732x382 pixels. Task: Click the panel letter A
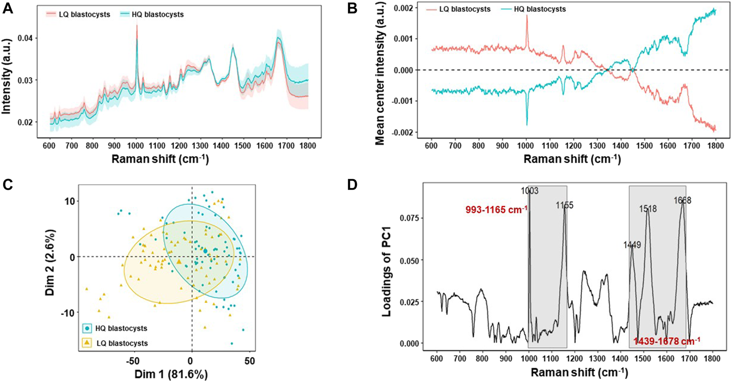(7, 8)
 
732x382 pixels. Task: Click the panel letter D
(352, 185)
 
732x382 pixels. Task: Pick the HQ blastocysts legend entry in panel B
(539, 9)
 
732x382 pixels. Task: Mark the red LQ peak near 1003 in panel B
(527, 17)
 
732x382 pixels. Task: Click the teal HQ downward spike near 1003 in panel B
(527, 123)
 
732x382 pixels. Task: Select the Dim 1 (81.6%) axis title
(171, 375)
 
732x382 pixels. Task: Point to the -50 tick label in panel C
(133, 361)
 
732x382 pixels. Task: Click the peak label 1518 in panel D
(648, 209)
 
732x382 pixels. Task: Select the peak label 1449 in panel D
(632, 245)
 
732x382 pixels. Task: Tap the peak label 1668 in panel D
(682, 201)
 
